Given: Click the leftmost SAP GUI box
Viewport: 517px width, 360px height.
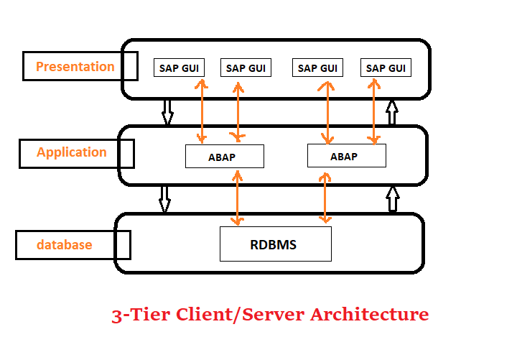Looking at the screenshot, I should [179, 68].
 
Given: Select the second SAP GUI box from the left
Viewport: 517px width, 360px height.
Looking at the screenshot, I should [246, 68].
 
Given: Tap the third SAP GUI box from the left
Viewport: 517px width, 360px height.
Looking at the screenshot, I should [317, 68].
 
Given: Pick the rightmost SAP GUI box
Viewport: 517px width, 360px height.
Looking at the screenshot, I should [386, 68].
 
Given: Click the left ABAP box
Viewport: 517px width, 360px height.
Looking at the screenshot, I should [224, 156].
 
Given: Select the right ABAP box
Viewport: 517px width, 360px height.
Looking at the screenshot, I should [346, 155].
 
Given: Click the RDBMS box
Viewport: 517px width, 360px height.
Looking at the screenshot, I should [275, 244].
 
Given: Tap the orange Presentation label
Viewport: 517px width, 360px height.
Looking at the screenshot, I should [75, 67].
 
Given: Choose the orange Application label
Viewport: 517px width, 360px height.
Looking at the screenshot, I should [72, 152].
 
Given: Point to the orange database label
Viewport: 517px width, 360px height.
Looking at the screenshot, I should [65, 244].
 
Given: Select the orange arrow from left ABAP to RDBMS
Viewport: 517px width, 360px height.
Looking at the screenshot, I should [236, 197].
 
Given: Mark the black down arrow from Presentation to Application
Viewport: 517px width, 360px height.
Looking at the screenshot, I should [167, 112].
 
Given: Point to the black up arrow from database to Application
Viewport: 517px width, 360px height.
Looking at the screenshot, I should [392, 199].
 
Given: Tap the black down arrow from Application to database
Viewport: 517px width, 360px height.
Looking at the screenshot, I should [164, 199].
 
